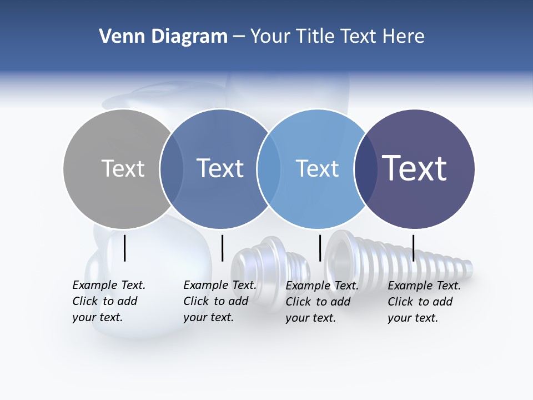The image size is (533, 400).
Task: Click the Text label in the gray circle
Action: [123, 168]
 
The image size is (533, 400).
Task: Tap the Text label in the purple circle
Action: [414, 168]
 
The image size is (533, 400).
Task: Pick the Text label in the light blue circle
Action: [317, 168]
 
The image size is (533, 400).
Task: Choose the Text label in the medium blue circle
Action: [220, 168]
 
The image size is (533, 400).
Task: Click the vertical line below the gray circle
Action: [125, 248]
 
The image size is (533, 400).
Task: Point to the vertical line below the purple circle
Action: [413, 248]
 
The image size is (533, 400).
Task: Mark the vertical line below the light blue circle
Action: [320, 248]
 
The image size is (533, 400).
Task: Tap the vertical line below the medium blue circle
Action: [222, 248]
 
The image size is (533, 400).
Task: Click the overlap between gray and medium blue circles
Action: [172, 169]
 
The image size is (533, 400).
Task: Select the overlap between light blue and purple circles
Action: [364, 169]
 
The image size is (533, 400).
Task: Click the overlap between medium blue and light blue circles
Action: [268, 169]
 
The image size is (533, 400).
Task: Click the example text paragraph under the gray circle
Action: [108, 301]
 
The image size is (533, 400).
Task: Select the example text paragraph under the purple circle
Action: [424, 302]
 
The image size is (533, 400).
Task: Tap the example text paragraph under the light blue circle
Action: [321, 302]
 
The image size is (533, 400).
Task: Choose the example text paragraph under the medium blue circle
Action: [219, 301]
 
